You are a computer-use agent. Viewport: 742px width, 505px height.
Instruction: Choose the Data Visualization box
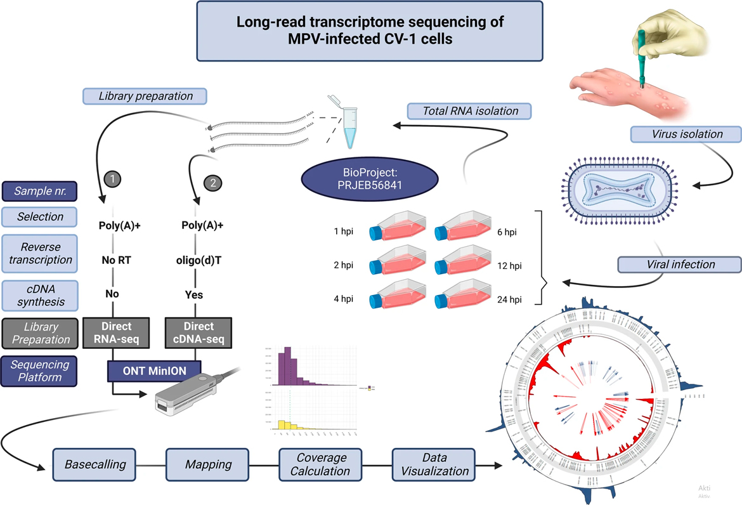434,464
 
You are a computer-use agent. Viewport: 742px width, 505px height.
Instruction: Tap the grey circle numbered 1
112,180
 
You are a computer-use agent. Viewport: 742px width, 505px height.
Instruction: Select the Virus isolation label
686,134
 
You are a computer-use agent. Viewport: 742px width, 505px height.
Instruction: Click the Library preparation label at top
145,96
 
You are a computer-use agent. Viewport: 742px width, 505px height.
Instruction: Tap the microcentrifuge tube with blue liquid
348,122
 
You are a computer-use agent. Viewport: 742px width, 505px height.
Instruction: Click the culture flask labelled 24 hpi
464,296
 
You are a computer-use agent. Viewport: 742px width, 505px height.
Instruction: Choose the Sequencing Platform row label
40,371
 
